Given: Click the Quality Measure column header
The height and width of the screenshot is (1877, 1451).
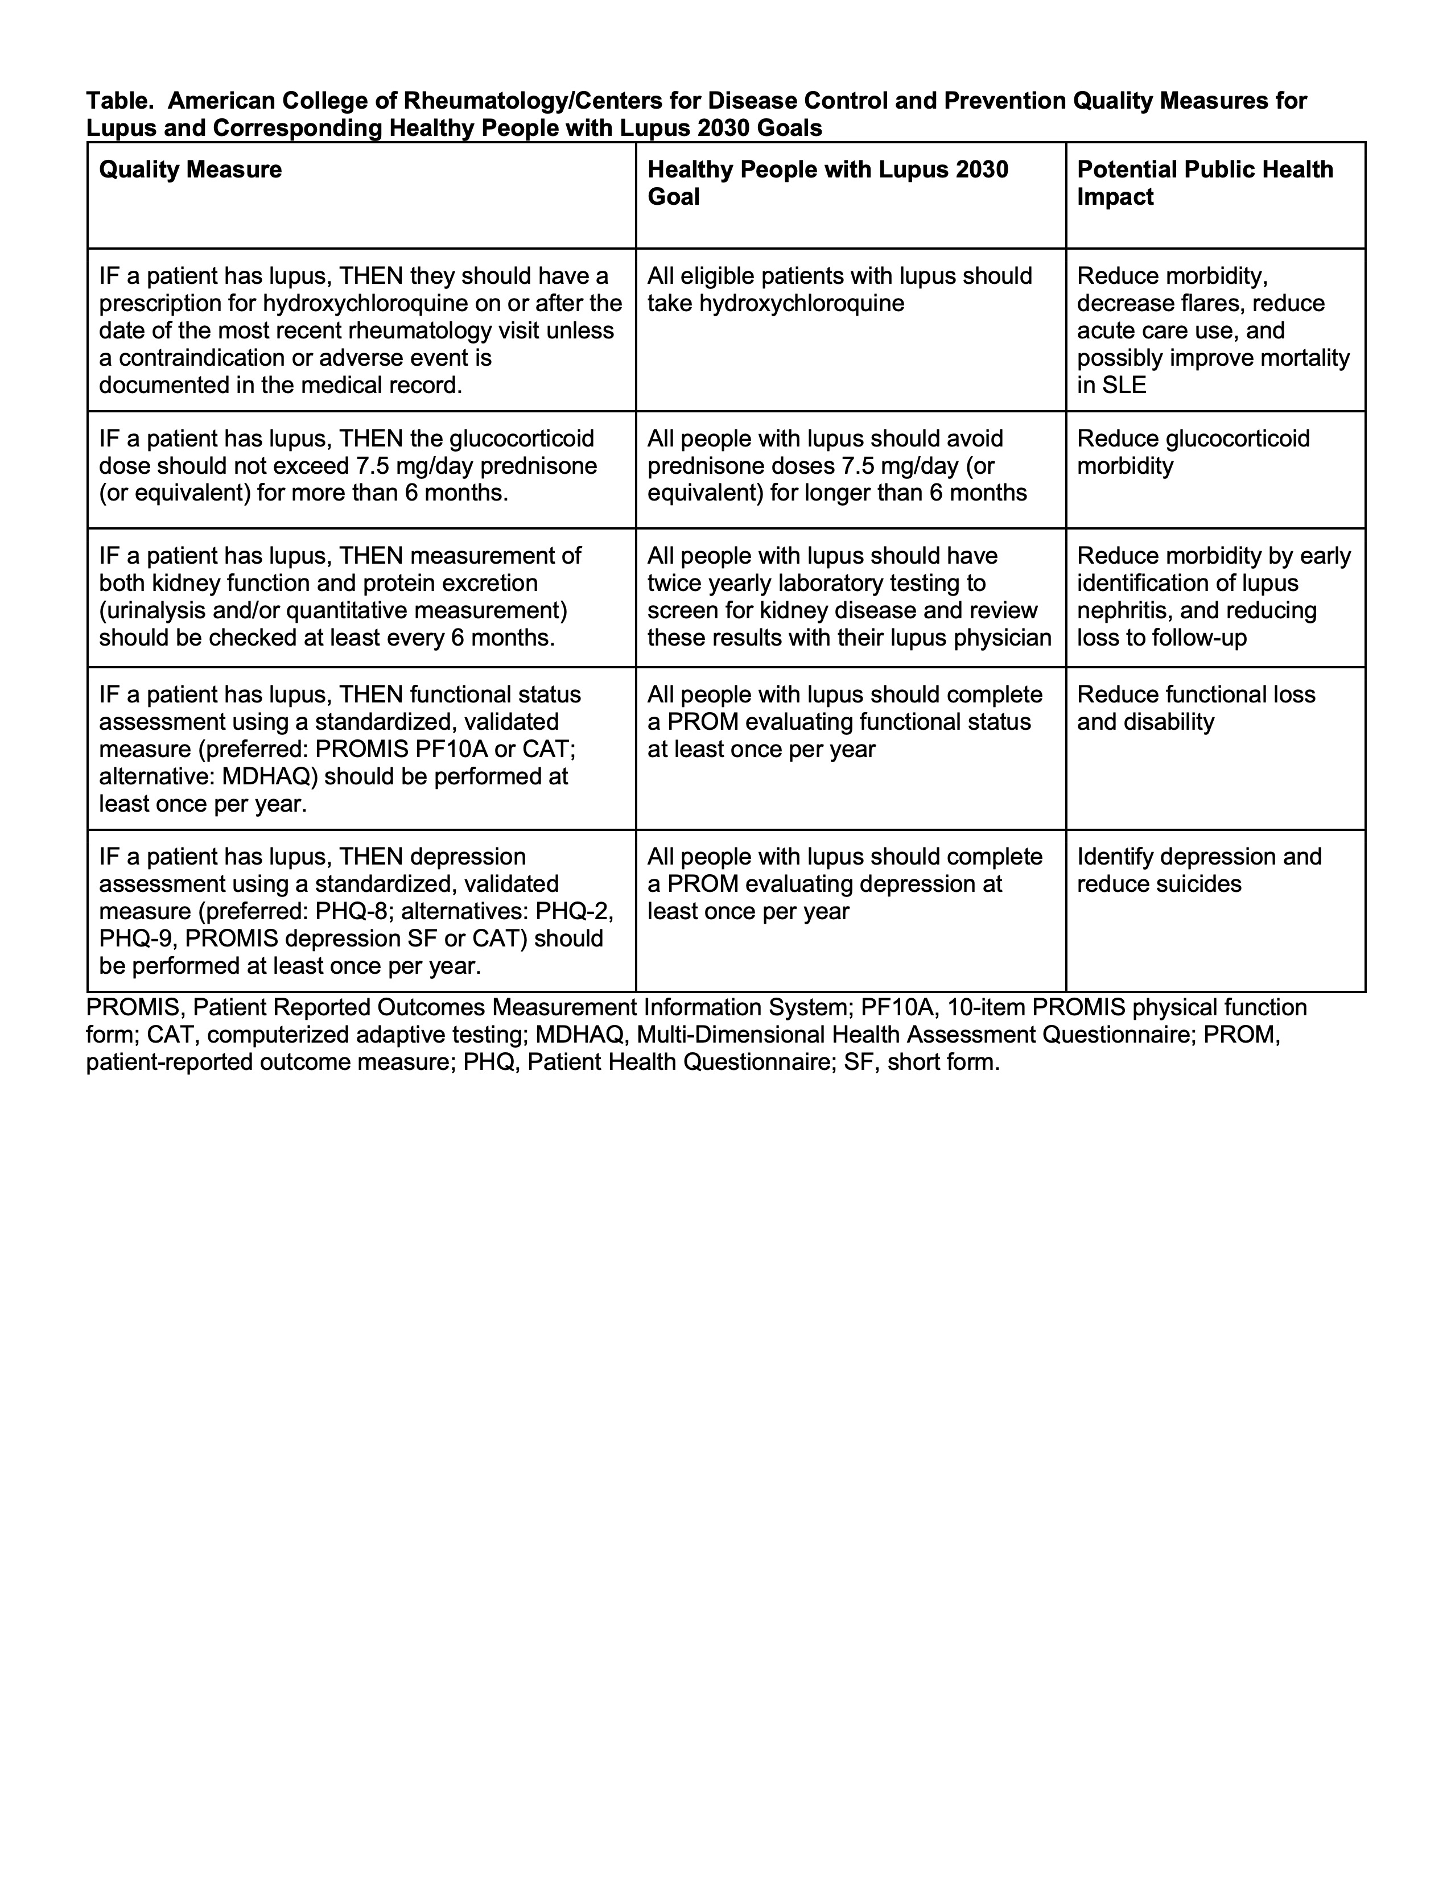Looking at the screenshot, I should coord(190,170).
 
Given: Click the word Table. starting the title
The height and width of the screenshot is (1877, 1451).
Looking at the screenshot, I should coord(120,101).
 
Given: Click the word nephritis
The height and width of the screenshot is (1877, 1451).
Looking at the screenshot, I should coord(1119,611).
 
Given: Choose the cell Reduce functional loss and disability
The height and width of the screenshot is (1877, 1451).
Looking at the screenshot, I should coord(1195,708).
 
